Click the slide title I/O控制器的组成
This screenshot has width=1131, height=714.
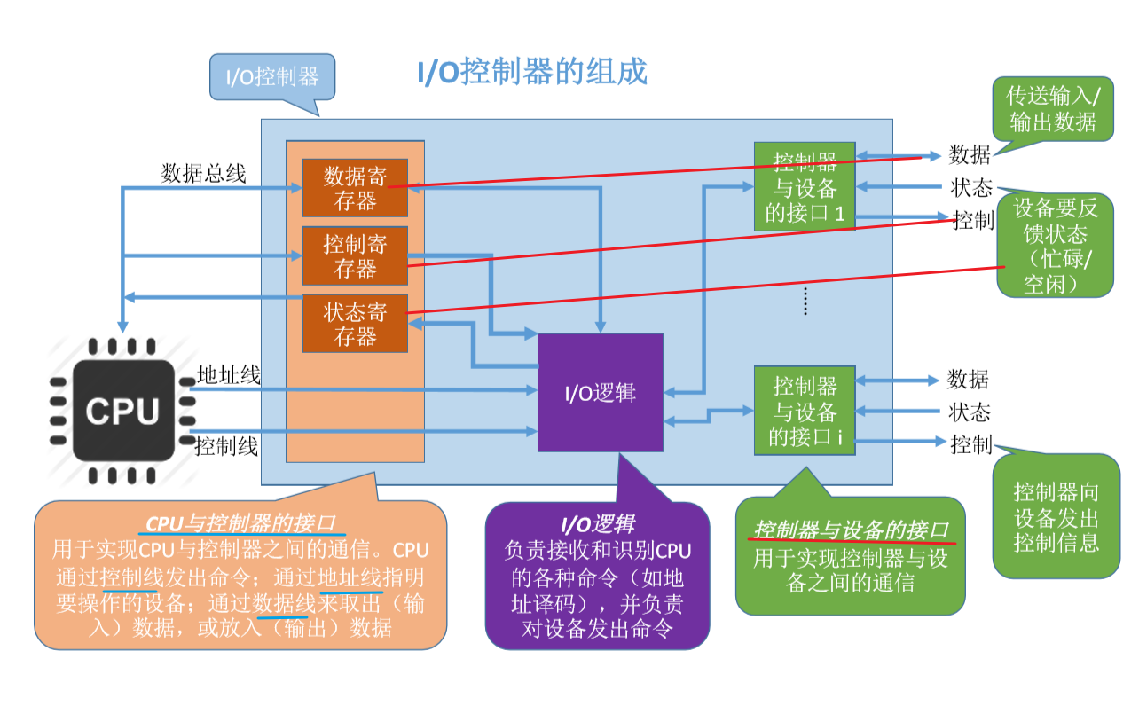(532, 72)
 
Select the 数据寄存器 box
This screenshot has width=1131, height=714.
(355, 188)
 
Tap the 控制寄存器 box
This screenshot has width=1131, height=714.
(355, 255)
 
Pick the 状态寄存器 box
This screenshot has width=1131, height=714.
(355, 324)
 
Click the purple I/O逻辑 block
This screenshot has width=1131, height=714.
(601, 393)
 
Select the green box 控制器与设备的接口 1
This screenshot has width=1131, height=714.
(805, 187)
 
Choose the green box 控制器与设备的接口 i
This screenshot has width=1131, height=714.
(805, 411)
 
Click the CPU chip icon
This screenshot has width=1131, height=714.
(122, 411)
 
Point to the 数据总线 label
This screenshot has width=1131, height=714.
(203, 173)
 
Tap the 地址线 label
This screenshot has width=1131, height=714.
(229, 375)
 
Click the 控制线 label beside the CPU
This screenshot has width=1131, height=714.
(226, 446)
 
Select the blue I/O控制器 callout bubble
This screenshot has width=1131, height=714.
(272, 76)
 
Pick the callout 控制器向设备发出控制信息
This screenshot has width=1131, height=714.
(1056, 516)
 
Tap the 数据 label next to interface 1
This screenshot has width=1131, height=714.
(969, 154)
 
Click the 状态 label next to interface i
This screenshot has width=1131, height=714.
(969, 412)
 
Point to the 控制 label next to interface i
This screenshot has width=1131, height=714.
(970, 444)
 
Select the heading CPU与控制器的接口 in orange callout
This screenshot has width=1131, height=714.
(240, 522)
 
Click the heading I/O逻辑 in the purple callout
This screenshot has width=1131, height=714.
(597, 523)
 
